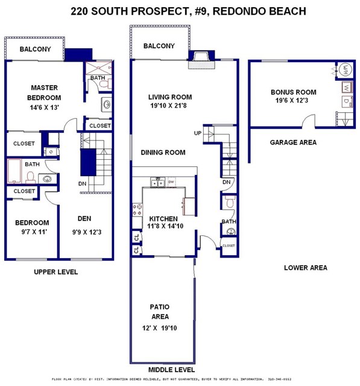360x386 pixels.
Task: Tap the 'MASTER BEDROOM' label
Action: click(45, 92)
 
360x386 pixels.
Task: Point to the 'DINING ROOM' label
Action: click(163, 153)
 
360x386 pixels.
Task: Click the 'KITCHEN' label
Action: click(163, 218)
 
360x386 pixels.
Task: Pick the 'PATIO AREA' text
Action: click(160, 311)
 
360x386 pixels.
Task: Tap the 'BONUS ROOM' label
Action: click(293, 92)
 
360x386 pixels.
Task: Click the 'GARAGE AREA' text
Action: click(293, 142)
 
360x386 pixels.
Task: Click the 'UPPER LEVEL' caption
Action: click(55, 272)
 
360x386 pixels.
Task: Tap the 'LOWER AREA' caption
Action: click(305, 268)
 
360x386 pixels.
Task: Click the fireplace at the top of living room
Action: click(198, 57)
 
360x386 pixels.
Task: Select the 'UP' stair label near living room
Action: click(197, 133)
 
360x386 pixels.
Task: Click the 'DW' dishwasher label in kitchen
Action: click(171, 182)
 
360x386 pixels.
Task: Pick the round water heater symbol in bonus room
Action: click(347, 69)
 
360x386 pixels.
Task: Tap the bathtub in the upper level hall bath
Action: click(15, 171)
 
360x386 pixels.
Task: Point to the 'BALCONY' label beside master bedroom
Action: click(34, 49)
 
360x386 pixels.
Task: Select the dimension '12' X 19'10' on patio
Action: click(160, 327)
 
